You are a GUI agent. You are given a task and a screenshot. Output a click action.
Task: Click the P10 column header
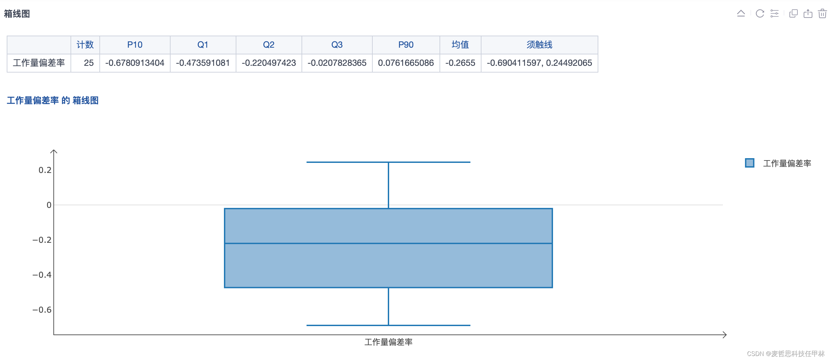point(135,45)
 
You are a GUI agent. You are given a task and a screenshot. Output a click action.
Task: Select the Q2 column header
point(269,45)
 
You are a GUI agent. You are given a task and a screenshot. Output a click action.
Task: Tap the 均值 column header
point(460,45)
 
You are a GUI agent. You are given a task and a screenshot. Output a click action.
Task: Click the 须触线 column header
point(539,45)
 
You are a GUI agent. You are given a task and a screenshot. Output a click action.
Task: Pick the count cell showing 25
point(89,63)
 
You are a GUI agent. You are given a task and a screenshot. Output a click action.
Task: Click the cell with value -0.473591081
point(203,63)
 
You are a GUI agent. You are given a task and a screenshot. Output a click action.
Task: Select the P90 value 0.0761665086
point(406,63)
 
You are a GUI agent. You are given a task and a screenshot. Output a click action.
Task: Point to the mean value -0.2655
point(460,63)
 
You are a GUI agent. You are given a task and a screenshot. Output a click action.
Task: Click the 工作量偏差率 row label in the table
point(39,63)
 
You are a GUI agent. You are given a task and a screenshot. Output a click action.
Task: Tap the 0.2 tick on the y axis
point(45,170)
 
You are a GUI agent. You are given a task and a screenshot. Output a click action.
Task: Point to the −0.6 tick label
point(42,310)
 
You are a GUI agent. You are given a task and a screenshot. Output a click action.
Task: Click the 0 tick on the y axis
point(49,205)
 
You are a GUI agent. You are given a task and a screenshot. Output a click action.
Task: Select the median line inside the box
point(388,243)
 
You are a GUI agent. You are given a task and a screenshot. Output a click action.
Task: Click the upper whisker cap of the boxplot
point(388,162)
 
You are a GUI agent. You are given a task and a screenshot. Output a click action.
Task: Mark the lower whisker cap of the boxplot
point(388,325)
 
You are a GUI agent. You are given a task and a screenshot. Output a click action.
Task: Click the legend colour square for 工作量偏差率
point(749,163)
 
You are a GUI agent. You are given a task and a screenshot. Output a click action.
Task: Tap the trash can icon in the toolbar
point(822,13)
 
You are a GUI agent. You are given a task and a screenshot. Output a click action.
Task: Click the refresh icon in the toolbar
point(760,13)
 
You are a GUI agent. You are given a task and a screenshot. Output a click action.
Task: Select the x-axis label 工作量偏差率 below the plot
point(388,342)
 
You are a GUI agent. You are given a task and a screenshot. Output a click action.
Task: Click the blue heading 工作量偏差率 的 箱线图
point(53,100)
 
